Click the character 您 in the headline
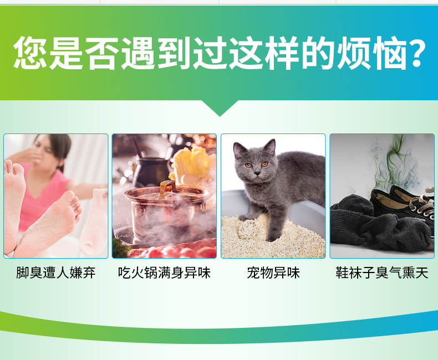pyautogui.click(x=30, y=53)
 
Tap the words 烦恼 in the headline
pyautogui.click(x=372, y=53)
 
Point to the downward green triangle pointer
pyautogui.click(x=220, y=107)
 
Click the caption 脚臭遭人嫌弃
pyautogui.click(x=56, y=273)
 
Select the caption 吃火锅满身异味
pyautogui.click(x=164, y=273)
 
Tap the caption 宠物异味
pyautogui.click(x=273, y=273)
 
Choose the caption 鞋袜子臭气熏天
pyautogui.click(x=382, y=273)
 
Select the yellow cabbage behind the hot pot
pyautogui.click(x=192, y=164)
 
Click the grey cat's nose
pyautogui.click(x=257, y=173)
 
